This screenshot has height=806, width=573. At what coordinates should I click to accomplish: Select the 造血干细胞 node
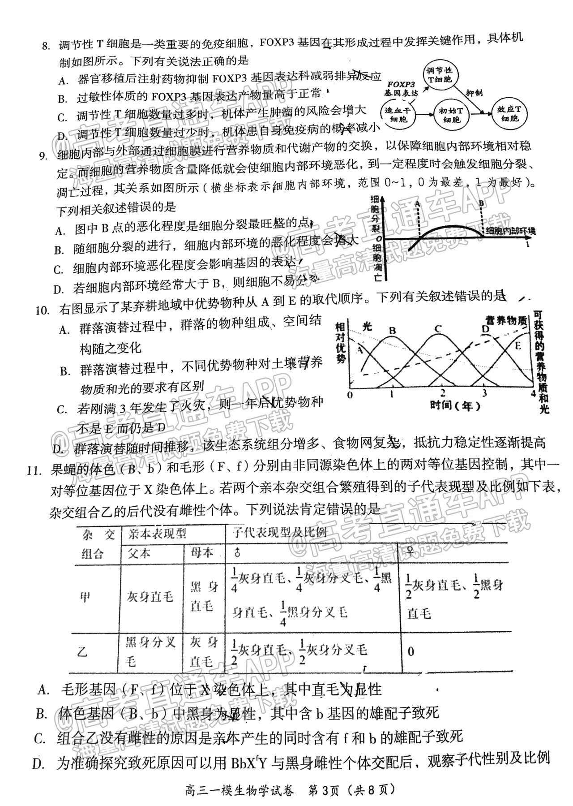(x=398, y=115)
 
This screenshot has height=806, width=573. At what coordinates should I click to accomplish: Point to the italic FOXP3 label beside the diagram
(x=401, y=84)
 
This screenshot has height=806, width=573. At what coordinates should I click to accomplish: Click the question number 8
(x=45, y=45)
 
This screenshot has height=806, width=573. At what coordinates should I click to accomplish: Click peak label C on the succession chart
(x=437, y=329)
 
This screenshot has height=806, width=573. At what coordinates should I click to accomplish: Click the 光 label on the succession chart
(x=367, y=326)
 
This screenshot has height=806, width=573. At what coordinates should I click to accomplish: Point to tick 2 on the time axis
(x=442, y=394)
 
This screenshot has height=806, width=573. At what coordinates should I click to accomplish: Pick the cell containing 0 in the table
(x=411, y=651)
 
